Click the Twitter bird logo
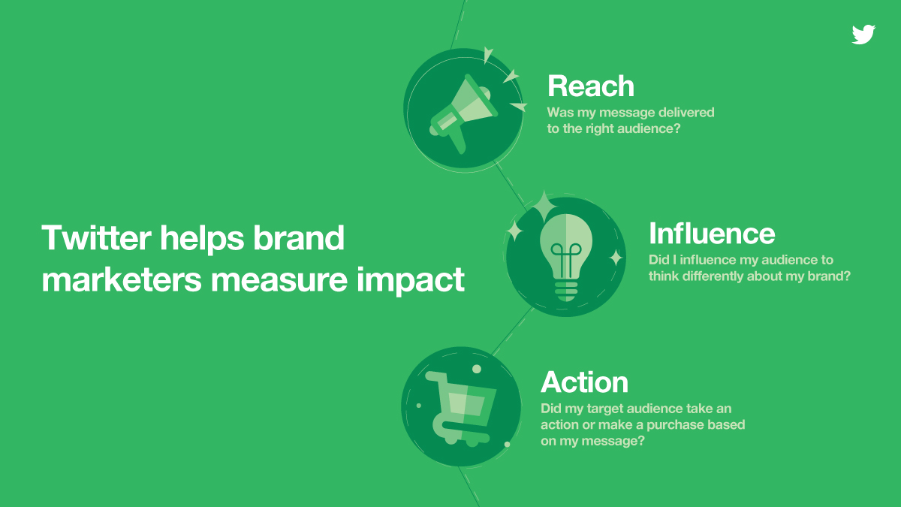863,35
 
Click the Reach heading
590,86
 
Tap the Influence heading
712,234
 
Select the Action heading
584,382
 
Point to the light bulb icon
566,258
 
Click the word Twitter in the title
96,237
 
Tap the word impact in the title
410,280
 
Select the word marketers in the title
122,279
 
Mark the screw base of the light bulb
566,290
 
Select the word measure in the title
279,280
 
